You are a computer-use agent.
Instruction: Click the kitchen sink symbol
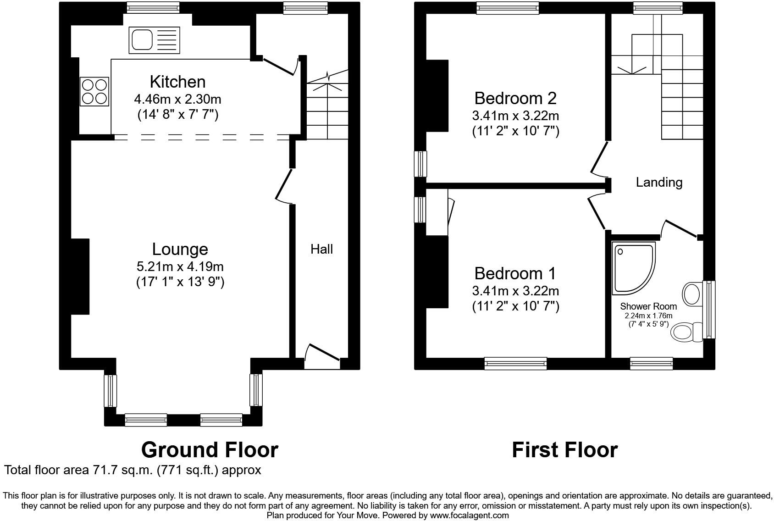(x=155, y=39)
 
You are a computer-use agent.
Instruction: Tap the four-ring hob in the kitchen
(x=94, y=91)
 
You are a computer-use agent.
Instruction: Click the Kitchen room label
(x=177, y=82)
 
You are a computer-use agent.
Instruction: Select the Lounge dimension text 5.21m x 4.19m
(x=180, y=266)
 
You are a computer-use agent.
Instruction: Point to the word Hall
(x=321, y=249)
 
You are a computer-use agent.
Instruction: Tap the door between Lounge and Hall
(x=284, y=186)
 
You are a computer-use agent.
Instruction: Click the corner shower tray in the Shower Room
(x=633, y=268)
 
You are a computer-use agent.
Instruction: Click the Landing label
(x=659, y=183)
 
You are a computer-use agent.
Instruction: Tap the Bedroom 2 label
(x=515, y=98)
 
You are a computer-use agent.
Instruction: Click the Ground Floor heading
(x=210, y=450)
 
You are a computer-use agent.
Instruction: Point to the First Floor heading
(x=564, y=450)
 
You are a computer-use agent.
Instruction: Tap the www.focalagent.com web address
(x=469, y=515)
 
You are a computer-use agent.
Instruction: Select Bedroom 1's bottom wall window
(x=516, y=364)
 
